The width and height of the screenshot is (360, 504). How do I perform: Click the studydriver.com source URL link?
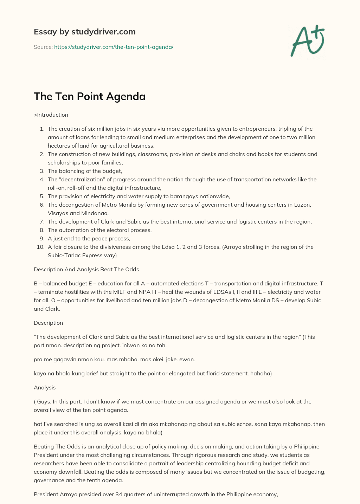click(114, 47)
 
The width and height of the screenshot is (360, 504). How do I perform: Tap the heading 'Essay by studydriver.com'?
click(84, 32)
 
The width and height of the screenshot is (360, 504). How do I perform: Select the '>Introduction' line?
click(51, 115)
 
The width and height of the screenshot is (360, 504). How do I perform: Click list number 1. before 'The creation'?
click(42, 129)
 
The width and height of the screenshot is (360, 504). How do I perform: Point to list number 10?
click(40, 247)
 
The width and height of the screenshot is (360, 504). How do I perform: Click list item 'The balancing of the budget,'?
click(85, 171)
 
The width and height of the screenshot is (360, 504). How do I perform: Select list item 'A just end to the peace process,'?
click(89, 239)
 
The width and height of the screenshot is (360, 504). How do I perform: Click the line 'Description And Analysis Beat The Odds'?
click(86, 270)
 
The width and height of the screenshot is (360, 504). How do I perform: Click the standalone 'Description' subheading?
click(48, 323)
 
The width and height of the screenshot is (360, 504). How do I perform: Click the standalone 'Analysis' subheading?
click(45, 388)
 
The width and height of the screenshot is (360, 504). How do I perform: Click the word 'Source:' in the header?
click(43, 47)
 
